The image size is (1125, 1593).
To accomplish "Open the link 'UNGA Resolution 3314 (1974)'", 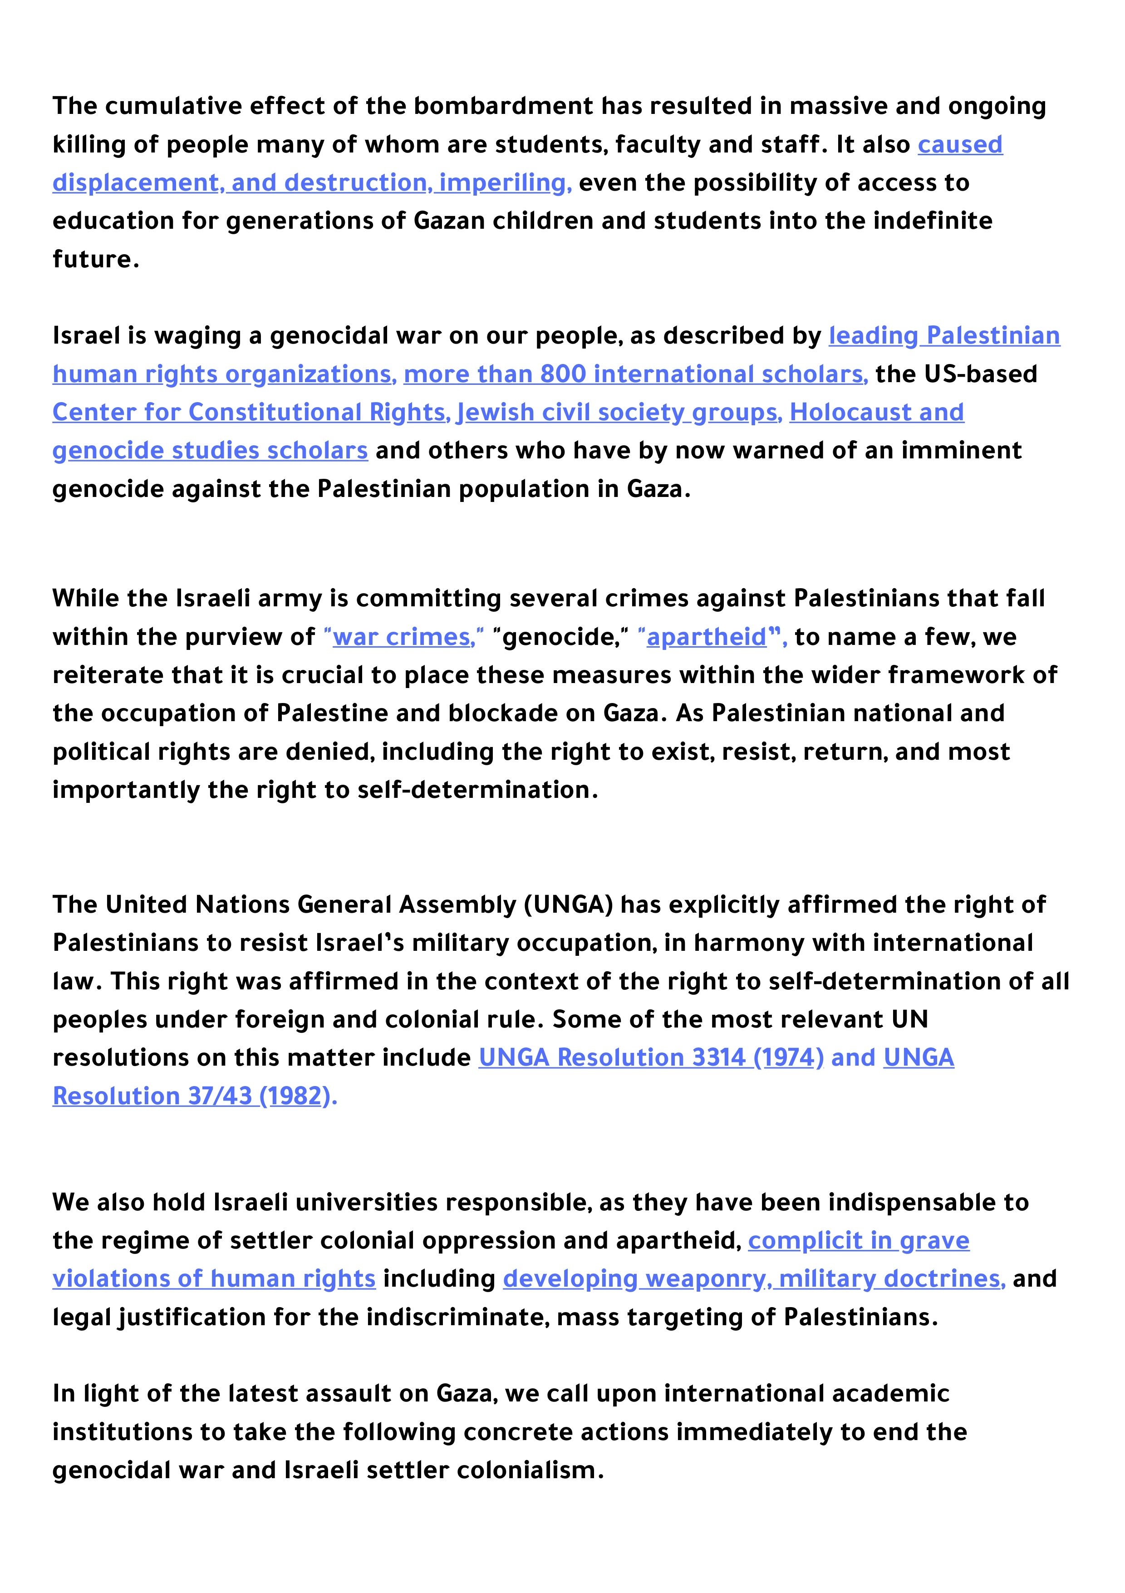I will click(651, 1058).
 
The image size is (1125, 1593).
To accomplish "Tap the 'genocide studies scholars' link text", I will click(210, 451).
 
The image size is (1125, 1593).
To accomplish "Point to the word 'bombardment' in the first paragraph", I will click(504, 107).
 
